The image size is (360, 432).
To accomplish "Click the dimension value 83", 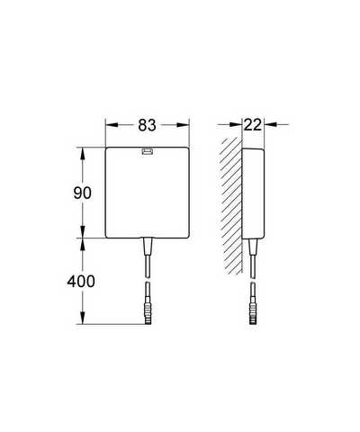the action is (x=147, y=125).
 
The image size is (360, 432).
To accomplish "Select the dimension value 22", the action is (x=253, y=125).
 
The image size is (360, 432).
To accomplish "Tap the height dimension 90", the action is (x=82, y=193).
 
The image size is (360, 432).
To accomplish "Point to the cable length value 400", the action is (x=81, y=282).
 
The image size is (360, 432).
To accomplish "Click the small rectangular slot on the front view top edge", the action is (x=148, y=151).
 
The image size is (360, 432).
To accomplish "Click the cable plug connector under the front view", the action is (x=148, y=310).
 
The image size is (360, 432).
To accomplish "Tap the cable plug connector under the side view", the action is (x=253, y=310).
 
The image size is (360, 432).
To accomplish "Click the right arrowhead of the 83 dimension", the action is (x=183, y=125).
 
